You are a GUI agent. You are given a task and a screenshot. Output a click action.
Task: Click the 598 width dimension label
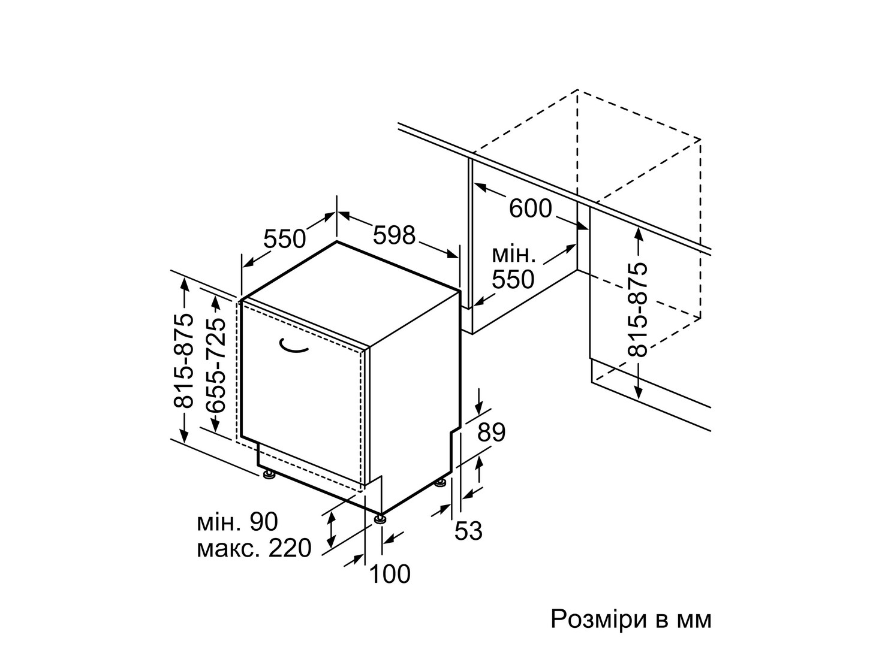point(394,235)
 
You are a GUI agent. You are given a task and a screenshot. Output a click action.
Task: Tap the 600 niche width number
point(531,208)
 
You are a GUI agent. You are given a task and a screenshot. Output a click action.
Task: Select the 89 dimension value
point(492,432)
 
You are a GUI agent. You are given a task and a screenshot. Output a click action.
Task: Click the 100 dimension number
point(390,574)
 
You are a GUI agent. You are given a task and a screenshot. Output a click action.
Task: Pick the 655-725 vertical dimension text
point(216,365)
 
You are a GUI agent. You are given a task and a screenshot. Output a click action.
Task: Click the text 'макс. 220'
point(254,548)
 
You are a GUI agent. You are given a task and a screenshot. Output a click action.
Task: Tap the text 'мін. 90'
point(237,522)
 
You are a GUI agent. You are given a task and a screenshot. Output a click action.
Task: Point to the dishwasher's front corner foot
point(380,519)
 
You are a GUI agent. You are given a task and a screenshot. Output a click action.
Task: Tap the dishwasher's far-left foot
point(269,475)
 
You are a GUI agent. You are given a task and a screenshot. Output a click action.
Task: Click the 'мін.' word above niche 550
point(514,255)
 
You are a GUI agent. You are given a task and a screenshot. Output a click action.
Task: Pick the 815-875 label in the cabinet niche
point(637,310)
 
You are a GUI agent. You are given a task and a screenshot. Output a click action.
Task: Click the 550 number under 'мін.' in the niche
point(513,279)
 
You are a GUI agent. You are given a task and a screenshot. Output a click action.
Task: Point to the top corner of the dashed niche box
point(577,90)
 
